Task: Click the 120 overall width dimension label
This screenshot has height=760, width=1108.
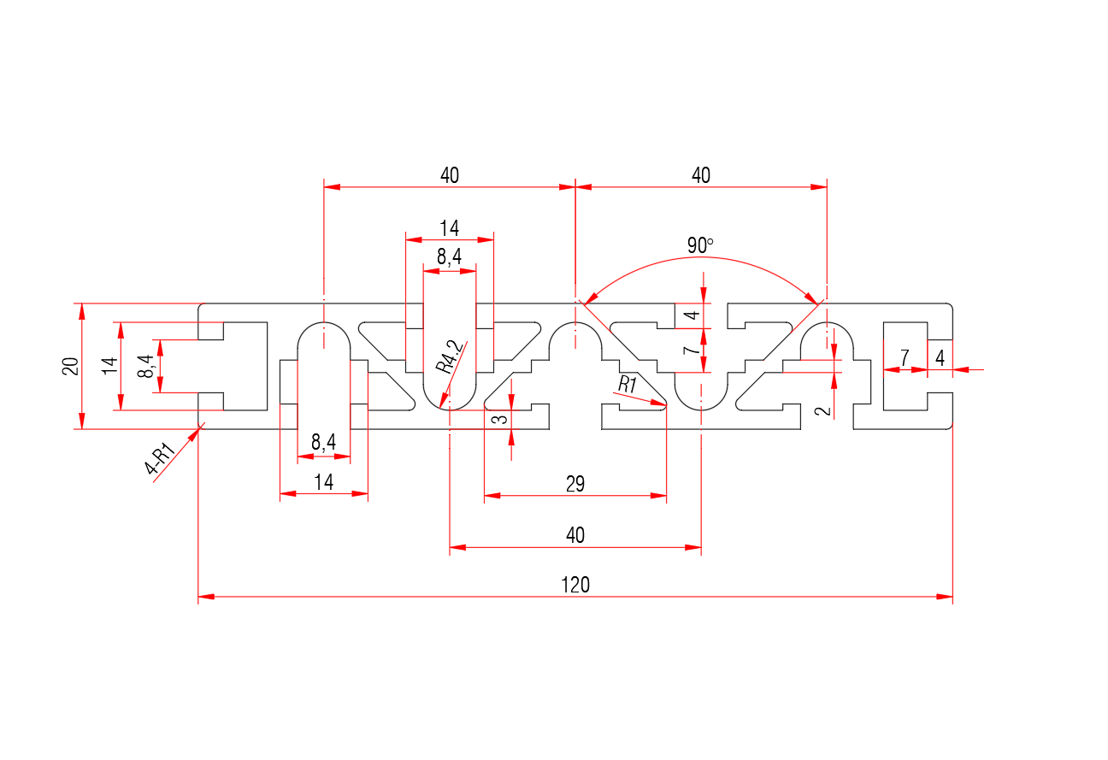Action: pyautogui.click(x=575, y=586)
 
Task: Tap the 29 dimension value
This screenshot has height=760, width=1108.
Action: pyautogui.click(x=575, y=485)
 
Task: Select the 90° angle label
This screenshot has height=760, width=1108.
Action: pyautogui.click(x=700, y=246)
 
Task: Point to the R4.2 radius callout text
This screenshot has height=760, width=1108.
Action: pyautogui.click(x=449, y=356)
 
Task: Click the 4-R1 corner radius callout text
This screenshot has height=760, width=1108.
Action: pyautogui.click(x=161, y=458)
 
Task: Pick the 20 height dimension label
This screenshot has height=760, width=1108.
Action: pyautogui.click(x=71, y=366)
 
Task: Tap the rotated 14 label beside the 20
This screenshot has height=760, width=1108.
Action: pyautogui.click(x=109, y=366)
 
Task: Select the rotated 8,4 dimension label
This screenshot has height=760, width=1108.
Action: pyautogui.click(x=147, y=366)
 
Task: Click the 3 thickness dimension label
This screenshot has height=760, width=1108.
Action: pyautogui.click(x=502, y=418)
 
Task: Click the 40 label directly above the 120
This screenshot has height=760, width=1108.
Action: pyautogui.click(x=575, y=536)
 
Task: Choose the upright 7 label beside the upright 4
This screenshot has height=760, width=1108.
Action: pyautogui.click(x=905, y=358)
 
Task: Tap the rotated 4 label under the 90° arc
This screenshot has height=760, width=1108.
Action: pyautogui.click(x=694, y=315)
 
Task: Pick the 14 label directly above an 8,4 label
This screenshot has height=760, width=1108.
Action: pyautogui.click(x=450, y=228)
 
